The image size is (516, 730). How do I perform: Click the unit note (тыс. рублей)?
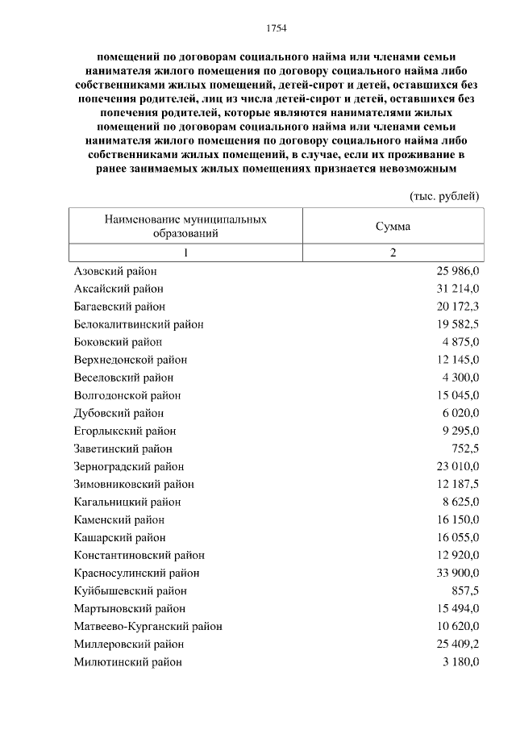[445, 196]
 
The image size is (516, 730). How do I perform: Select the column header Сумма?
[393, 227]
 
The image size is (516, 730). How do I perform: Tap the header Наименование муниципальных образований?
[185, 227]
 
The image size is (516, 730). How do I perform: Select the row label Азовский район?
[115, 271]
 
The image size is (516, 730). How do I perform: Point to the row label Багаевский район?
[119, 307]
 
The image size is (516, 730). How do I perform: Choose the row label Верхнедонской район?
[130, 360]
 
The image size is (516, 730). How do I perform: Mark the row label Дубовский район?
[119, 413]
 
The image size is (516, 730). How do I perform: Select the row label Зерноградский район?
[129, 466]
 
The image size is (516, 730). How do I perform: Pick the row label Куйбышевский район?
[130, 590]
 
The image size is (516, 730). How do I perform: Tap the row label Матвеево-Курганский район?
[148, 626]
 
